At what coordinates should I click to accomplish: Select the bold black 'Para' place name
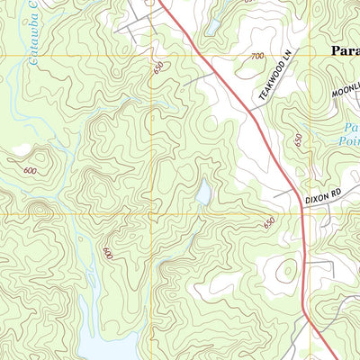point(340,51)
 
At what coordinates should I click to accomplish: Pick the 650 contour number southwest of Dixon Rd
point(268,223)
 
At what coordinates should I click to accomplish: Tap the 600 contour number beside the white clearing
point(31,171)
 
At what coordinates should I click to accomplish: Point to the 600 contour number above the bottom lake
point(108,254)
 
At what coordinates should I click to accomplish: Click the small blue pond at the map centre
point(203,193)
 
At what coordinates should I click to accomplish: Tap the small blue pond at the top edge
point(212,27)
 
